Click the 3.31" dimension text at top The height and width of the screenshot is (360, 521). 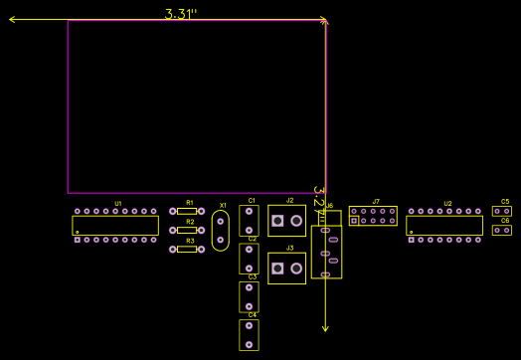[x=181, y=14]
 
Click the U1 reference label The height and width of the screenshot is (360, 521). [x=117, y=204]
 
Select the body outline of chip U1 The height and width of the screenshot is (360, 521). [x=115, y=226]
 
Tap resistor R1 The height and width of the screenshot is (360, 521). [x=187, y=211]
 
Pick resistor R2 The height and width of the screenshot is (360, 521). [x=187, y=230]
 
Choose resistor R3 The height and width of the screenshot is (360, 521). [x=187, y=249]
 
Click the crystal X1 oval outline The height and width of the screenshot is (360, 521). [x=221, y=231]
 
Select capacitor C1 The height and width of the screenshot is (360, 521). [x=249, y=221]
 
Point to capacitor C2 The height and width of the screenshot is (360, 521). [x=249, y=259]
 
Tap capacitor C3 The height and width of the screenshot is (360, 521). [x=249, y=296]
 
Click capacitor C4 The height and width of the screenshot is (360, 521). [x=249, y=335]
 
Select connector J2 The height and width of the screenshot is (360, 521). [x=287, y=221]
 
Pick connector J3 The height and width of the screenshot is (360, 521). [x=287, y=269]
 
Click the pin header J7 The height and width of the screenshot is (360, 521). [x=373, y=216]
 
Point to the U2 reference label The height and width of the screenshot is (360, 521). [x=447, y=204]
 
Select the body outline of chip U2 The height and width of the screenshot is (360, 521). [x=444, y=226]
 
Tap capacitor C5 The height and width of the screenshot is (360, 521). [x=502, y=211]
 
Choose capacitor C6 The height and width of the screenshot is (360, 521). [x=502, y=231]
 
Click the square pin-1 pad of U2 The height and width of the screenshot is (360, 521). [x=411, y=240]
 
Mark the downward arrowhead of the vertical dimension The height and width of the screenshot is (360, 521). [x=325, y=327]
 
